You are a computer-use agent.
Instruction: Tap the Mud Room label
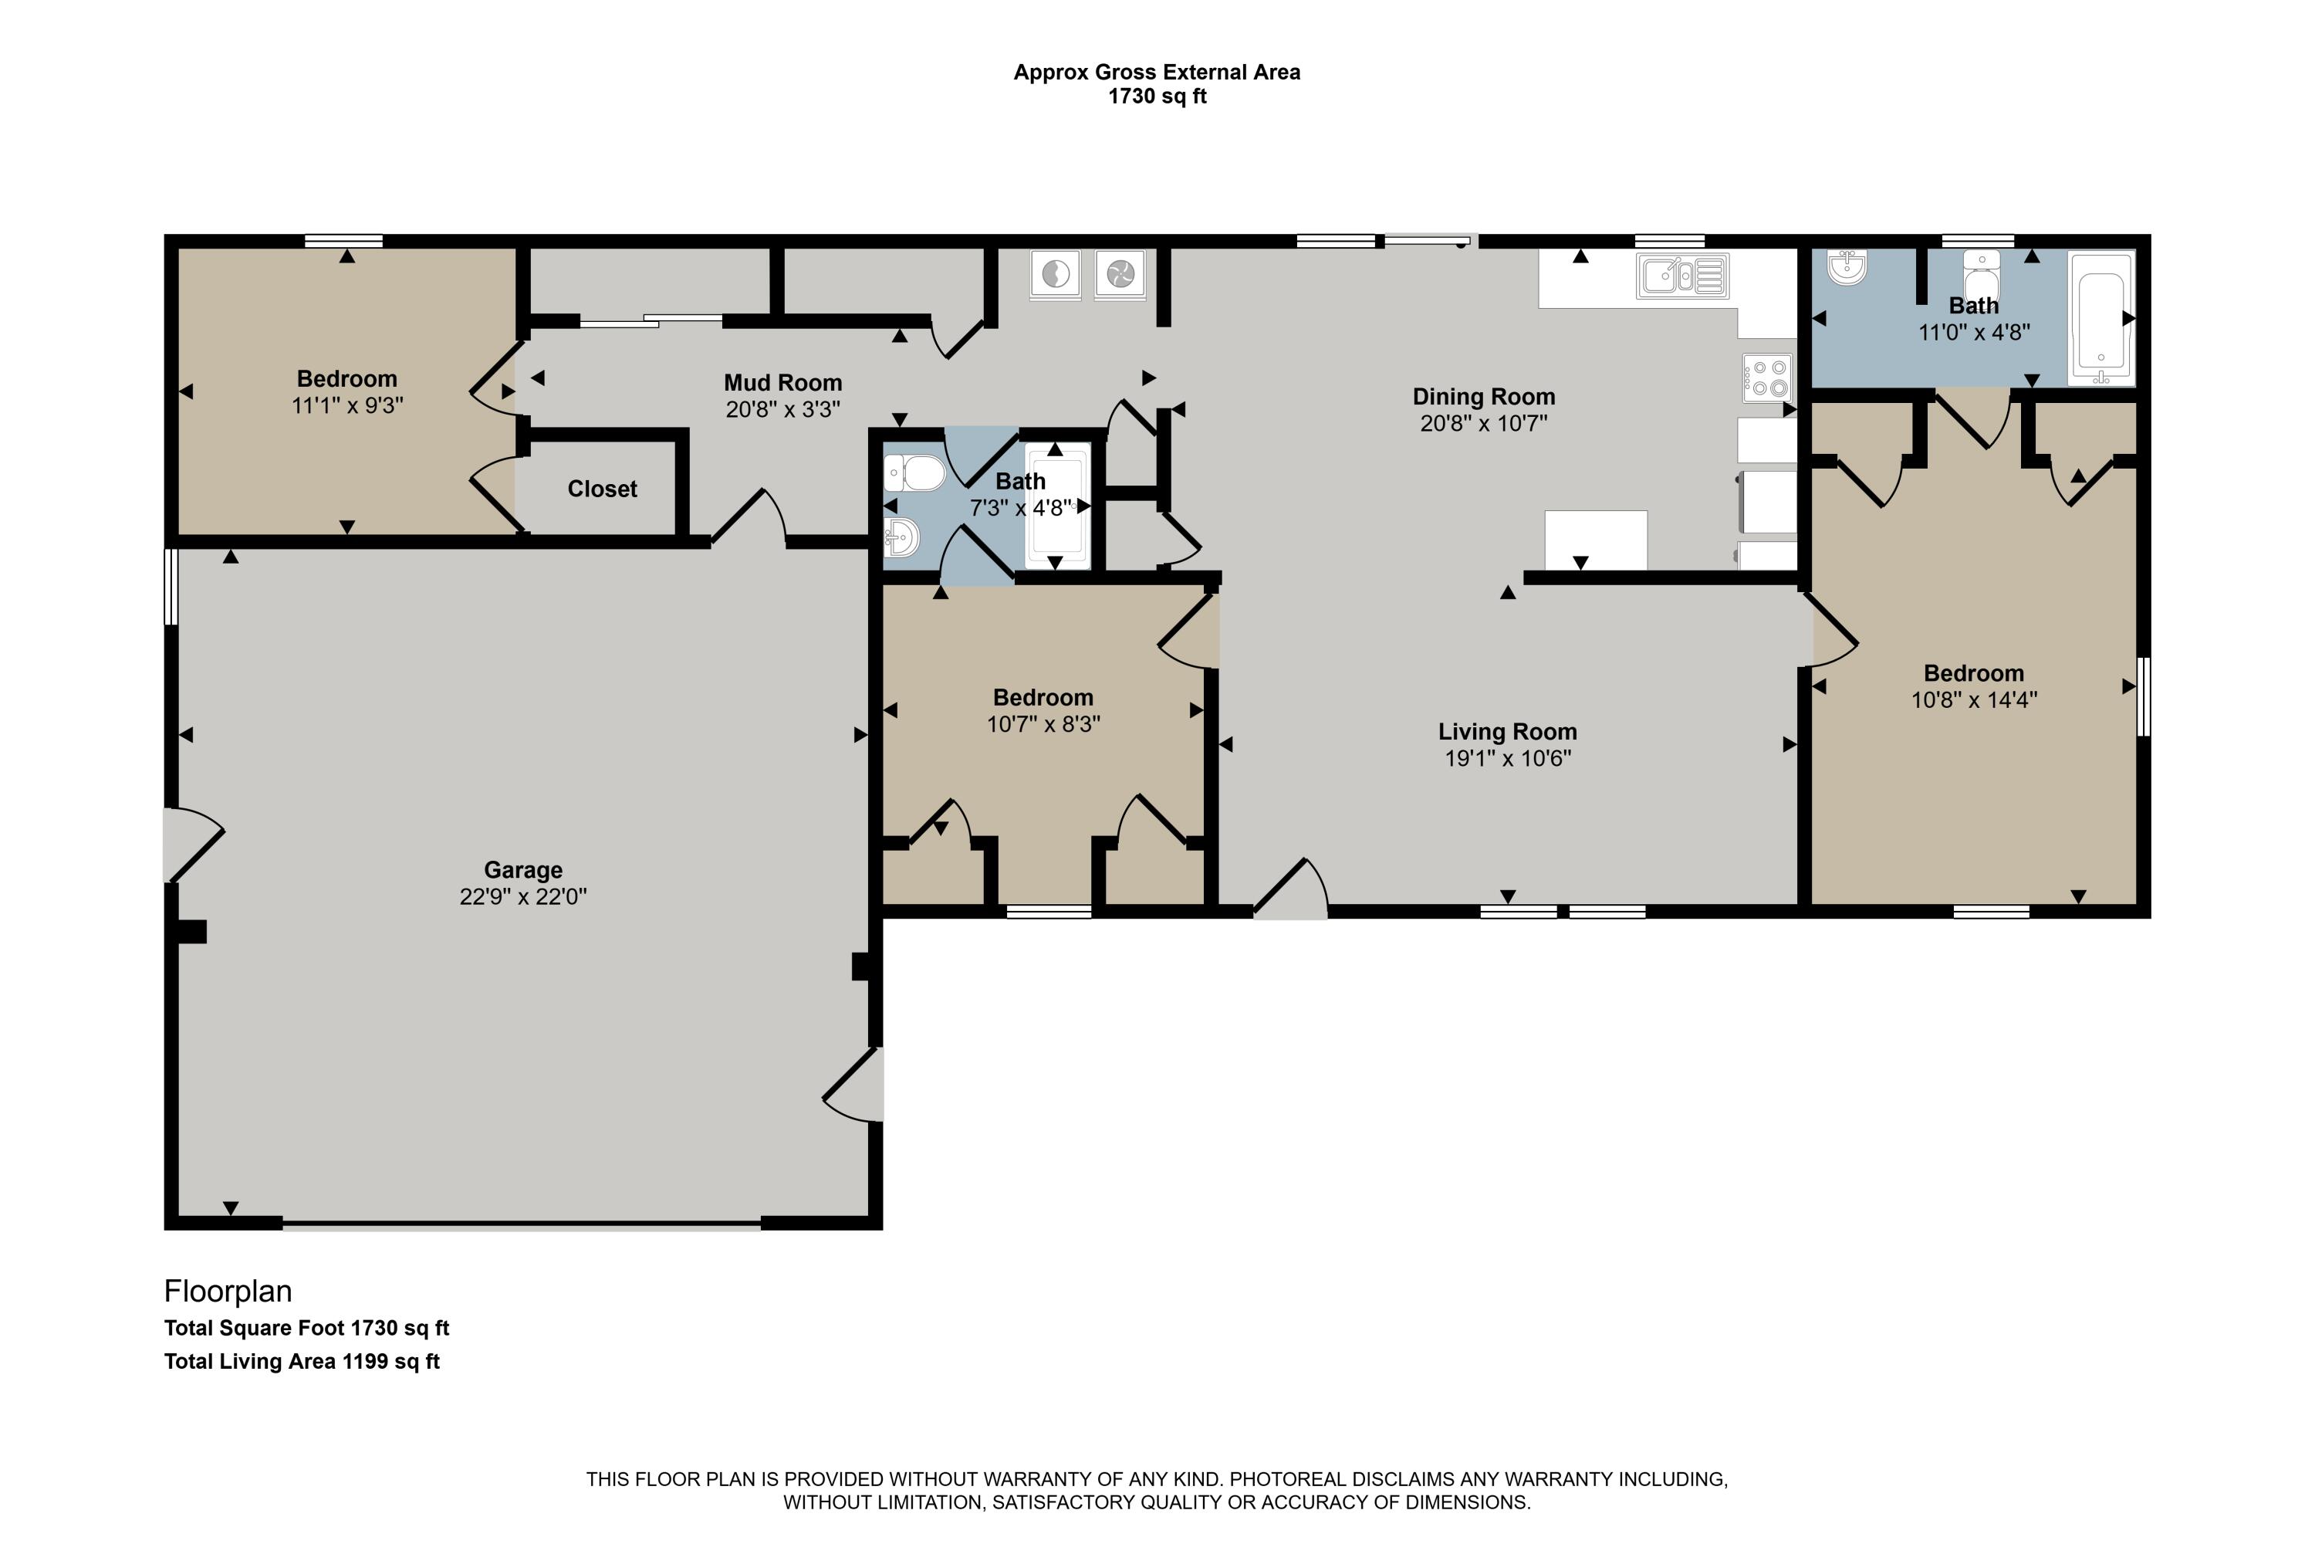pyautogui.click(x=782, y=382)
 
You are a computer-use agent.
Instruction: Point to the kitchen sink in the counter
pyautogui.click(x=1681, y=276)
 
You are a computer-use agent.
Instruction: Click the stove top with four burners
pyautogui.click(x=1767, y=378)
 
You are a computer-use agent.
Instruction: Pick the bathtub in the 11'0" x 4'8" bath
pyautogui.click(x=2100, y=317)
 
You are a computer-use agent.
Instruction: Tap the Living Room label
pyautogui.click(x=1507, y=732)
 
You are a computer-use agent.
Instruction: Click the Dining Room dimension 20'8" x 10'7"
pyautogui.click(x=1483, y=423)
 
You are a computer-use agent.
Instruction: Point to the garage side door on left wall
pyautogui.click(x=192, y=845)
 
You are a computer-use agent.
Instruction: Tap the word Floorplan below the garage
pyautogui.click(x=228, y=1290)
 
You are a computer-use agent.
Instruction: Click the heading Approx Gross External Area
pyautogui.click(x=1157, y=72)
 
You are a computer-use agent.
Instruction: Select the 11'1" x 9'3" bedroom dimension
pyautogui.click(x=346, y=406)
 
